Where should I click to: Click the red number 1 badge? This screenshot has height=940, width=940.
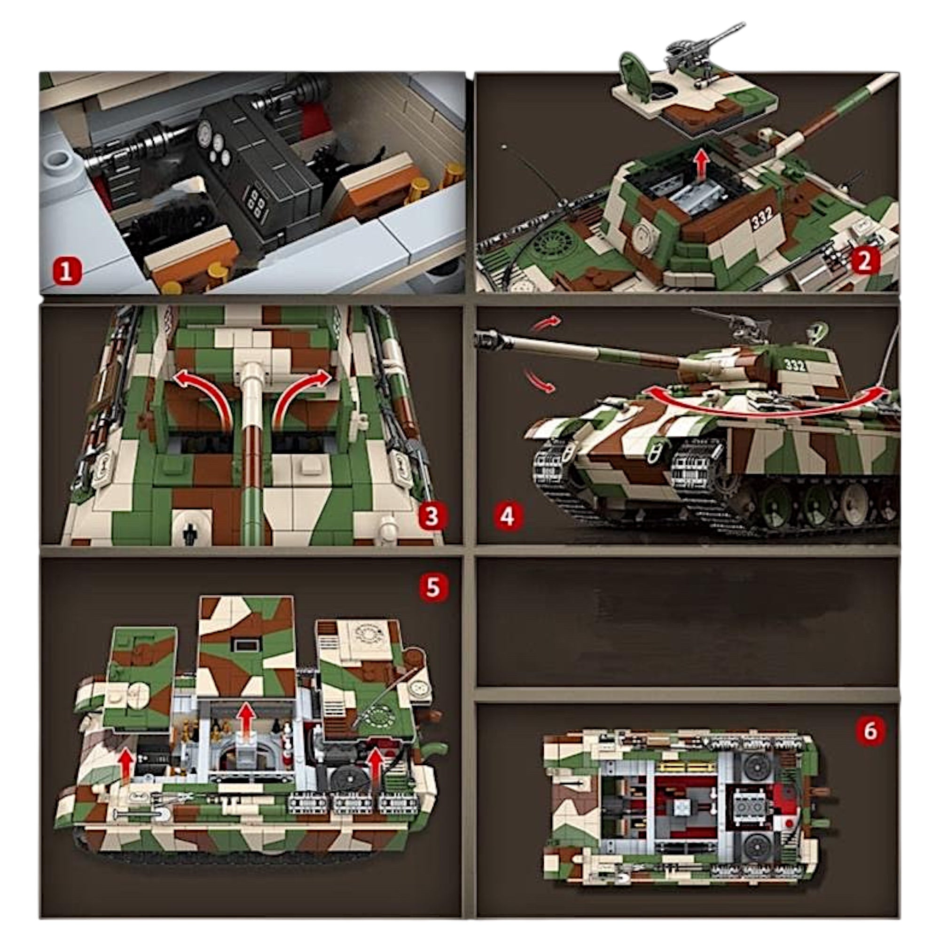click(66, 272)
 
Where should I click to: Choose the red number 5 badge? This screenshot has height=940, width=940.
click(432, 588)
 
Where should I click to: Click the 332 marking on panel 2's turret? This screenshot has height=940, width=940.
click(761, 220)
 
